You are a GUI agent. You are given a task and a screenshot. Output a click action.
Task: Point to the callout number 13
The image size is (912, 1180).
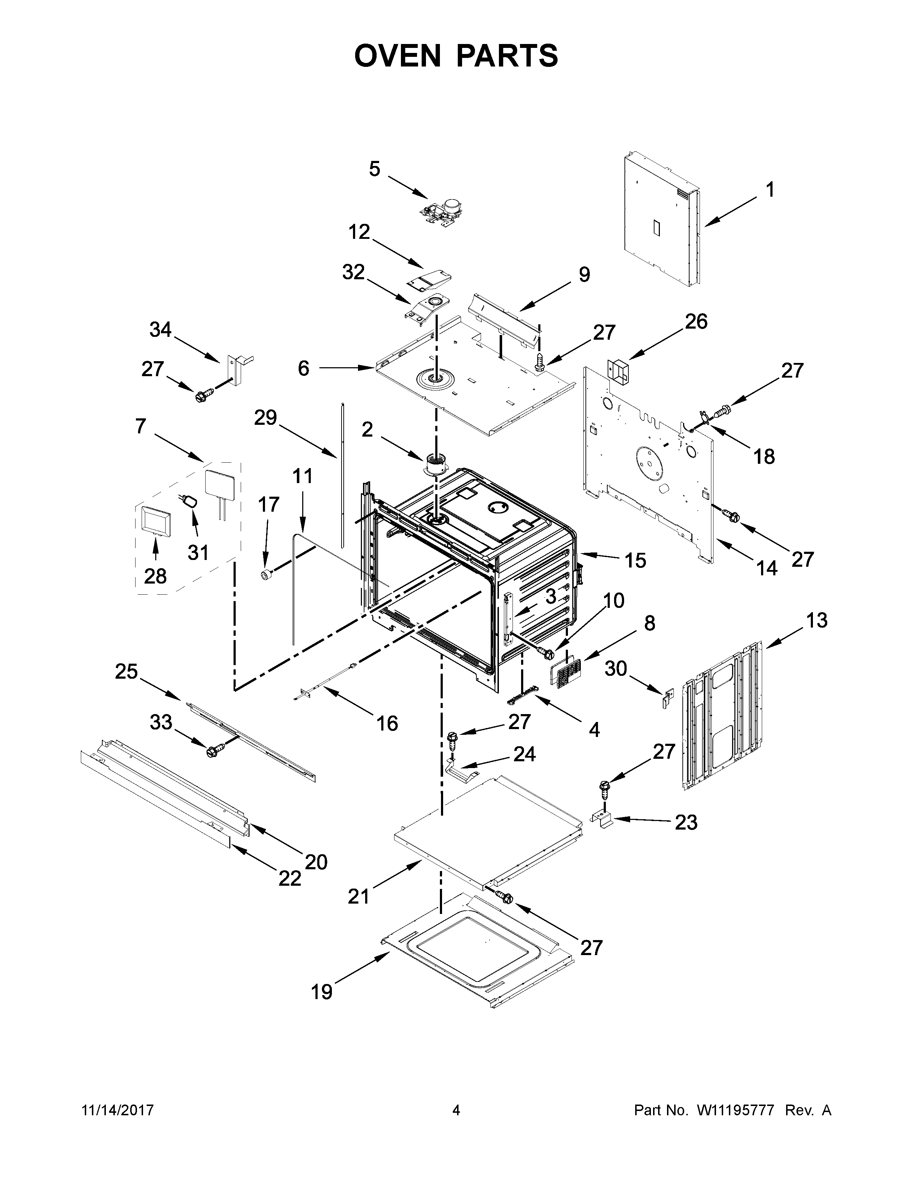pyautogui.click(x=817, y=620)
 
